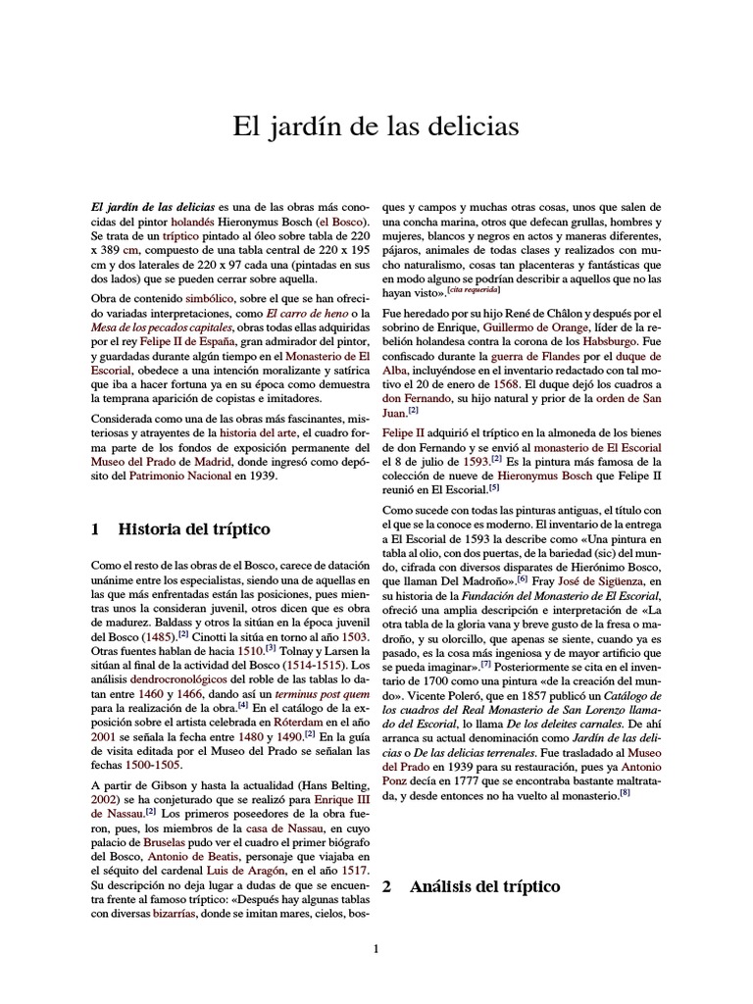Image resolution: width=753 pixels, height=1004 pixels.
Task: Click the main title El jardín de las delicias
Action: coord(376,126)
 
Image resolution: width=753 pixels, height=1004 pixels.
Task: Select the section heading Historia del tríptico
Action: coord(193,529)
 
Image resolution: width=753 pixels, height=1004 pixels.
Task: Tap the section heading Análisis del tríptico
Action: coord(484,886)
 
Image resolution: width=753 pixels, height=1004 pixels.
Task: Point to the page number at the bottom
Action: coord(376,948)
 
